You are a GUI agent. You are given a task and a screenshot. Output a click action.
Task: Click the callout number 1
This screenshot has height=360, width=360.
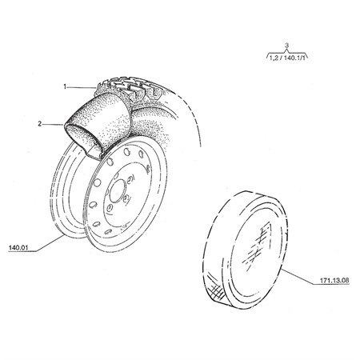pyautogui.click(x=65, y=86)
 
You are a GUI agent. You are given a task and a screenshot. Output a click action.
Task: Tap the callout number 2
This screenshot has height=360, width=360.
pyautogui.click(x=40, y=124)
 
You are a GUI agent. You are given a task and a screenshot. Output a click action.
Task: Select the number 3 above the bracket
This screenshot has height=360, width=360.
pyautogui.click(x=286, y=46)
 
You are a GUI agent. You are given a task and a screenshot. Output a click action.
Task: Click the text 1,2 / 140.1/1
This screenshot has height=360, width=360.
pyautogui.click(x=287, y=58)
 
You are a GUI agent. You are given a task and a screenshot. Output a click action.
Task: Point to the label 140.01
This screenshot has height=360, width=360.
pyautogui.click(x=18, y=247)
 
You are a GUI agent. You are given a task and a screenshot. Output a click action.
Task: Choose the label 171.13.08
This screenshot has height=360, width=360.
pyautogui.click(x=334, y=280)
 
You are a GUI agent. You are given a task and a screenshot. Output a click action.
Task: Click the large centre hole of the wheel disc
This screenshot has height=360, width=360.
pyautogui.click(x=117, y=190)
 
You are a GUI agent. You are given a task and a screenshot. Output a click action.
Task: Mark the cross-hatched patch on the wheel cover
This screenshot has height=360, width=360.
pyautogui.click(x=216, y=290)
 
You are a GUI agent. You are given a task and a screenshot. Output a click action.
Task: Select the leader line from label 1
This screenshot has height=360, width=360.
pyautogui.click(x=81, y=87)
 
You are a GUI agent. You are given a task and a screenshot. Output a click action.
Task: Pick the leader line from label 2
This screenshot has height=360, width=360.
pyautogui.click(x=53, y=124)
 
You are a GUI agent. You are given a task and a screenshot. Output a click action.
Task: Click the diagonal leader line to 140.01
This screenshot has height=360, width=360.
pyautogui.click(x=50, y=243)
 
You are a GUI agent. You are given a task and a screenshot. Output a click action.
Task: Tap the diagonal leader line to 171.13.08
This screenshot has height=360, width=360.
pyautogui.click(x=297, y=277)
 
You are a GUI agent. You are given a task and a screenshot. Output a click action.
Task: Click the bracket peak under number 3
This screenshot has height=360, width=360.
pyautogui.click(x=286, y=50)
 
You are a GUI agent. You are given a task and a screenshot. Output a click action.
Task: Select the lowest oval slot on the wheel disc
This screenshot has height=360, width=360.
pyautogui.click(x=107, y=231)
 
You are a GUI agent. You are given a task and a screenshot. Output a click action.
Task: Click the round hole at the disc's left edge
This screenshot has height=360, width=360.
pyautogui.click(x=98, y=182)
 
